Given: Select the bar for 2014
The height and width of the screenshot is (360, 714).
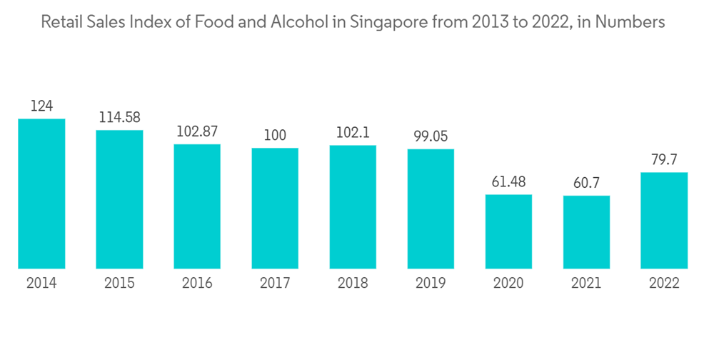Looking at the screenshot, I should point(41,194).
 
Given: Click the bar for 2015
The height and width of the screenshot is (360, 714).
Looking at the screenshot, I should point(119,199).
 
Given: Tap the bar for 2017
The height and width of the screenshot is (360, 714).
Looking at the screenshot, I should point(275,208).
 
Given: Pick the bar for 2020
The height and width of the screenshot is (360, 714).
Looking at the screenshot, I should point(508,231).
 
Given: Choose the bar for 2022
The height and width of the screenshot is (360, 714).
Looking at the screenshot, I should point(664,220).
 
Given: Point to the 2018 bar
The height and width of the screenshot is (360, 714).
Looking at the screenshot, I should point(353,207).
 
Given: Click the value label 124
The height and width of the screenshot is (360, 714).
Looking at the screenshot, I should point(41,106).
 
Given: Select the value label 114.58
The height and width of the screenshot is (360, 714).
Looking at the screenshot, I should point(119,118).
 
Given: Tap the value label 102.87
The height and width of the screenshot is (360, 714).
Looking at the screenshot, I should point(197,132).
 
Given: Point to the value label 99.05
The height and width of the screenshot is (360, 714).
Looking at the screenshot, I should point(431,136).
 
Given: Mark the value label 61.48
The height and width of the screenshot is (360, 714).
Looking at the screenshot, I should point(508,182).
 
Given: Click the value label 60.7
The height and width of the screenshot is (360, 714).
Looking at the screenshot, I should point(586,184).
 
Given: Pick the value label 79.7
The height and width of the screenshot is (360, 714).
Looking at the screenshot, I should point(664,160).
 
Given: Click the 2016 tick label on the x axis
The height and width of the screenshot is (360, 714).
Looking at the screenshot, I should point(197,284).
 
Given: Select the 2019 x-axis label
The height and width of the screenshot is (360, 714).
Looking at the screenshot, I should point(431,284).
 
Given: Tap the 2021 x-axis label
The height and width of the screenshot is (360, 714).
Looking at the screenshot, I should point(586,284).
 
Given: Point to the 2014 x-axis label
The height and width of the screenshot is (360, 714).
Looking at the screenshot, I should point(41,284).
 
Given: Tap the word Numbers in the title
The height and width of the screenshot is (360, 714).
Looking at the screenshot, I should point(630,22).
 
